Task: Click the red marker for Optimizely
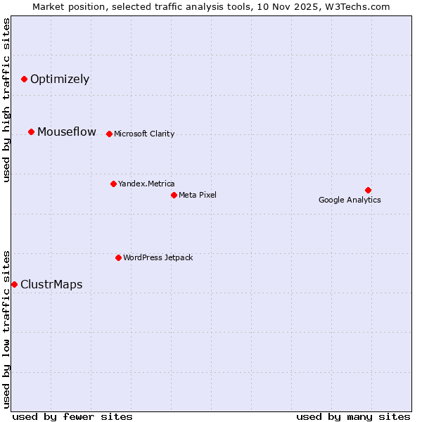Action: point(24,79)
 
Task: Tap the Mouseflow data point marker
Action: point(32,132)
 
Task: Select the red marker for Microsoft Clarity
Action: point(109,134)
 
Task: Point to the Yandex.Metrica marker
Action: point(113,184)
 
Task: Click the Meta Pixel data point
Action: point(174,195)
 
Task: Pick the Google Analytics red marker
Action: point(368,190)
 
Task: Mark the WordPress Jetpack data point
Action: point(118,257)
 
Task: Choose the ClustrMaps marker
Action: point(14,284)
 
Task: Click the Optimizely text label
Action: point(60,79)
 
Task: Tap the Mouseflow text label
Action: point(67,132)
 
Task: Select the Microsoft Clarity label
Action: point(144,134)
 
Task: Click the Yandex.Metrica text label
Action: point(146,184)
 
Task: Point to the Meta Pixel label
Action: point(198,195)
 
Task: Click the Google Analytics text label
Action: point(350,200)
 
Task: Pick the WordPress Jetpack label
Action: point(158,257)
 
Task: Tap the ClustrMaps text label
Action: point(51,284)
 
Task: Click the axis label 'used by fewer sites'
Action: point(72,416)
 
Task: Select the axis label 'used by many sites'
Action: point(353,416)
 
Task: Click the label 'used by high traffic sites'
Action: point(6,100)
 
